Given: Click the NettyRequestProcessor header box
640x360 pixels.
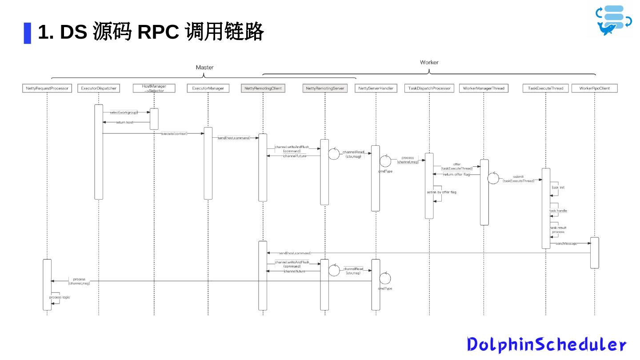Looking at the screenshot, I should pyautogui.click(x=47, y=88).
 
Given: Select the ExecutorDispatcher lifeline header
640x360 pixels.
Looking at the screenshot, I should pyautogui.click(x=99, y=88).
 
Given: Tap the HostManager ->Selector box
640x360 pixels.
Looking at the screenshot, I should pyautogui.click(x=154, y=88).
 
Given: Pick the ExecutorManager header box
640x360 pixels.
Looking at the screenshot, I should pyautogui.click(x=208, y=88).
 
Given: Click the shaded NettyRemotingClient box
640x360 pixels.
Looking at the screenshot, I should pyautogui.click(x=263, y=88).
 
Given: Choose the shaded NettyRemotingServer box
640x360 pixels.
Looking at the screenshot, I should pyautogui.click(x=325, y=88).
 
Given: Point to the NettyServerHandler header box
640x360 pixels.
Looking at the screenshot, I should pyautogui.click(x=376, y=88).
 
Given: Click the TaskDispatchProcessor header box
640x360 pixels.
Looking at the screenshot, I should pyautogui.click(x=429, y=88).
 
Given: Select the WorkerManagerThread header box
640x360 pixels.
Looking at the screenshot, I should pyautogui.click(x=484, y=88).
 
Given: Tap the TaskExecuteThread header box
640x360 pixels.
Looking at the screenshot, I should pyautogui.click(x=545, y=88).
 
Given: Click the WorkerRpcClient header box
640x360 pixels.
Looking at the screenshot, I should pyautogui.click(x=595, y=88).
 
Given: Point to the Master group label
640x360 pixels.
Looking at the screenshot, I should pyautogui.click(x=204, y=68).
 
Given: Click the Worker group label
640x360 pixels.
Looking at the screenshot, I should pyautogui.click(x=429, y=62).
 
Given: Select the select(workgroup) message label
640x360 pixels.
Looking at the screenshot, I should pyautogui.click(x=124, y=112).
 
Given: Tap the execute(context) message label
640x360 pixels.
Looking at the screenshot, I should pyautogui.click(x=174, y=133).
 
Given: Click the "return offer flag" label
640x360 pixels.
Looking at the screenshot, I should pyautogui.click(x=456, y=175).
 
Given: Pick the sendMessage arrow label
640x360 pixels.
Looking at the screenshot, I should pyautogui.click(x=566, y=244).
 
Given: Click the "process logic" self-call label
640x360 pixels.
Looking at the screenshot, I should pyautogui.click(x=60, y=297).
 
